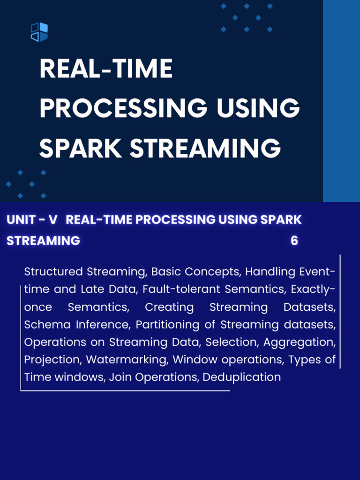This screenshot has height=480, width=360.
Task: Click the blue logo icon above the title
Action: [39, 32]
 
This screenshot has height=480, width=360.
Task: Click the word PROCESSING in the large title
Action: [123, 108]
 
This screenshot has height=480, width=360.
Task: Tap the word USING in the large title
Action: [258, 108]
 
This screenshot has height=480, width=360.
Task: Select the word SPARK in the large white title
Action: [81, 148]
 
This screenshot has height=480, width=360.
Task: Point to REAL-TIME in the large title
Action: [106, 68]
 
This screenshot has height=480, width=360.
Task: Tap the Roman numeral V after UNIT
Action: [53, 219]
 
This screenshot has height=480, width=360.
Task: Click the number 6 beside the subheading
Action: [294, 240]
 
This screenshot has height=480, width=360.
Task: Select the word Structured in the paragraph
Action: [53, 272]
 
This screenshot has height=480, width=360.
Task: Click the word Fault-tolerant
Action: [181, 289]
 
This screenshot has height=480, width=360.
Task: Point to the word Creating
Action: [169, 307]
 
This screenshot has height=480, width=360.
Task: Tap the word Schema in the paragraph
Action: [47, 324]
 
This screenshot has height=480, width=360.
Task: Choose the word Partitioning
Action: [167, 325]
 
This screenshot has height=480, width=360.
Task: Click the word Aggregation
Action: [300, 342]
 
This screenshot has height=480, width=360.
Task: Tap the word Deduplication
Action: [241, 377]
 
